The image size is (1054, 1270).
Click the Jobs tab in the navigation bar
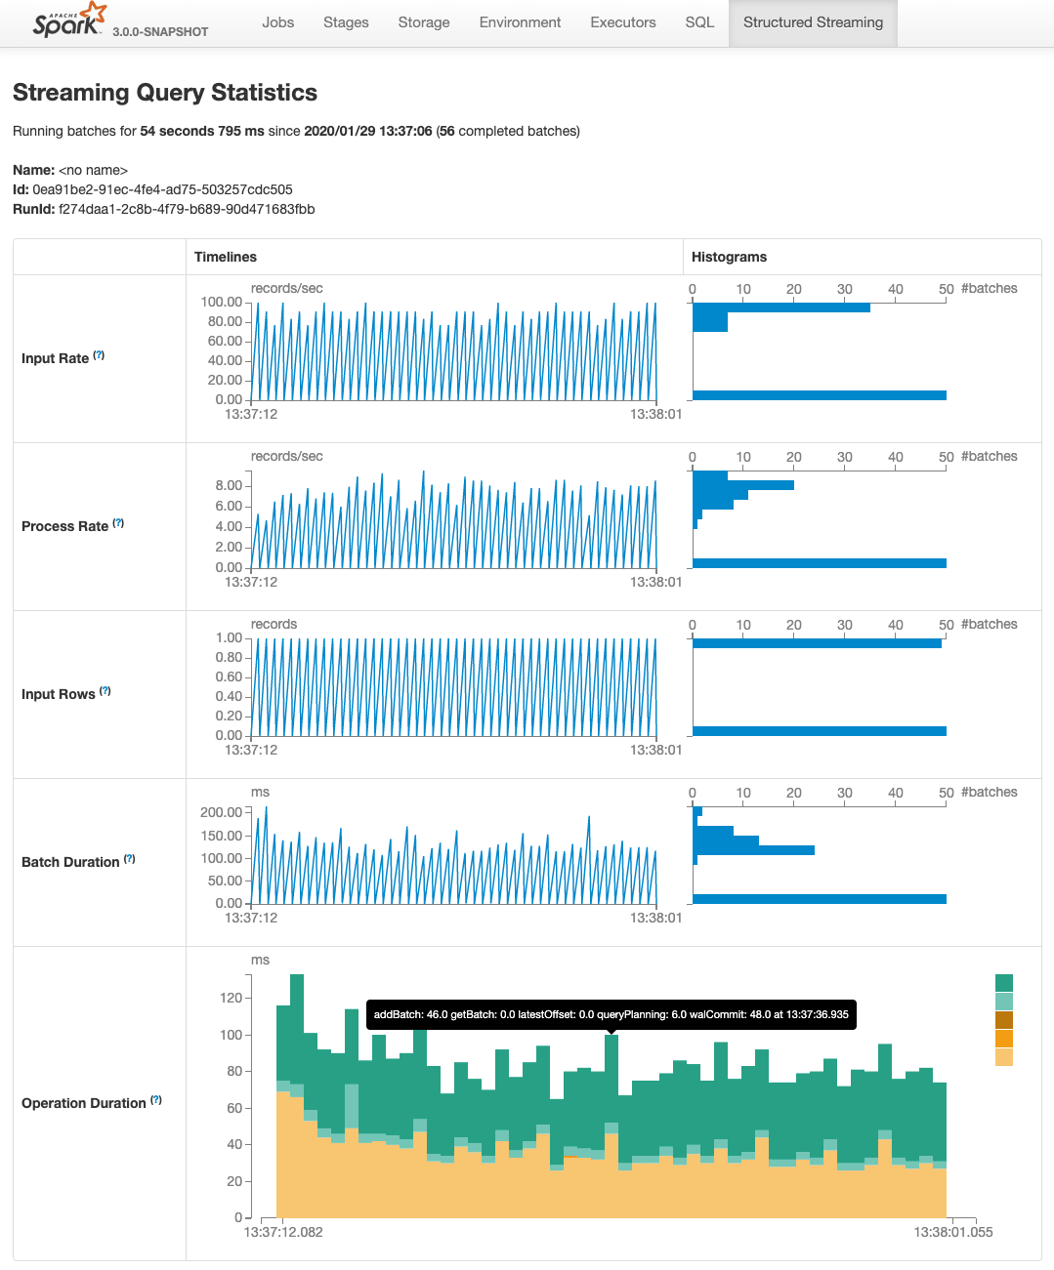pyautogui.click(x=277, y=22)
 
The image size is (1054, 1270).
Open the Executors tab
pyautogui.click(x=622, y=22)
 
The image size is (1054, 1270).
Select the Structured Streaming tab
pyautogui.click(x=813, y=22)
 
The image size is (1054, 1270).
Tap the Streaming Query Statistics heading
pyautogui.click(x=165, y=93)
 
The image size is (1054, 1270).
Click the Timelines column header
pyautogui.click(x=226, y=257)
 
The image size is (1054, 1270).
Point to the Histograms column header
pyautogui.click(x=729, y=257)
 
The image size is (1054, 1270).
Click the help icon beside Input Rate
pyautogui.click(x=99, y=356)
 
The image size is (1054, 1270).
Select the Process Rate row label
pyautogui.click(x=64, y=526)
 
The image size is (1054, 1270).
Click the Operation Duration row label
pyautogui.click(x=83, y=1103)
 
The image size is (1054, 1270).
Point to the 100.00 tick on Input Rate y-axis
pyautogui.click(x=222, y=303)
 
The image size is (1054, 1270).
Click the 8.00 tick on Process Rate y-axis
pyautogui.click(x=229, y=486)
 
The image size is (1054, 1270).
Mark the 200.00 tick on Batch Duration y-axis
pyautogui.click(x=221, y=812)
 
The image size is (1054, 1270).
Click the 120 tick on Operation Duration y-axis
pyautogui.click(x=232, y=998)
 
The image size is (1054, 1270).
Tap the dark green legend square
pyautogui.click(x=1004, y=983)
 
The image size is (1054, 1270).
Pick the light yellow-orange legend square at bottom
pyautogui.click(x=1004, y=1057)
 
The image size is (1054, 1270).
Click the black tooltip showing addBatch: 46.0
pyautogui.click(x=611, y=1014)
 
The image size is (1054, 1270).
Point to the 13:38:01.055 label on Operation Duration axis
pyautogui.click(x=952, y=1232)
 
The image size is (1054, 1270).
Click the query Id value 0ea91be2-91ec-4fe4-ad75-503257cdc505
pyautogui.click(x=162, y=189)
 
